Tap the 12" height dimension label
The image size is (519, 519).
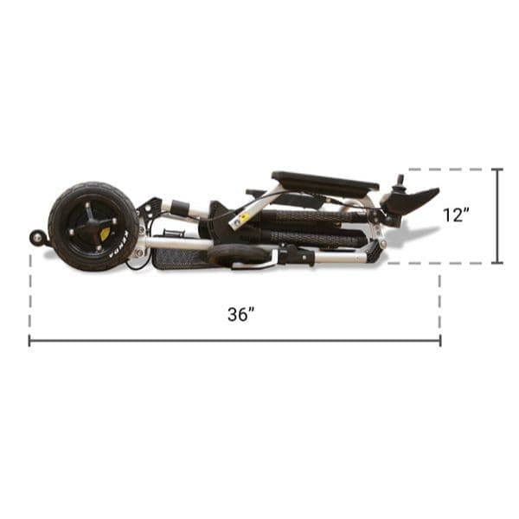(x=456, y=215)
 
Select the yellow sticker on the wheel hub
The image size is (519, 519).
(x=106, y=232)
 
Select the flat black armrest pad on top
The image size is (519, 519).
(x=324, y=181)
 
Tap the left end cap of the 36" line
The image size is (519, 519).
(x=29, y=341)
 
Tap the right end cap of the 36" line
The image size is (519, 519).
(x=440, y=341)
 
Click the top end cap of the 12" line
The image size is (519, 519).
(x=497, y=170)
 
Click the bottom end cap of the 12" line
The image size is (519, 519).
(x=497, y=262)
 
